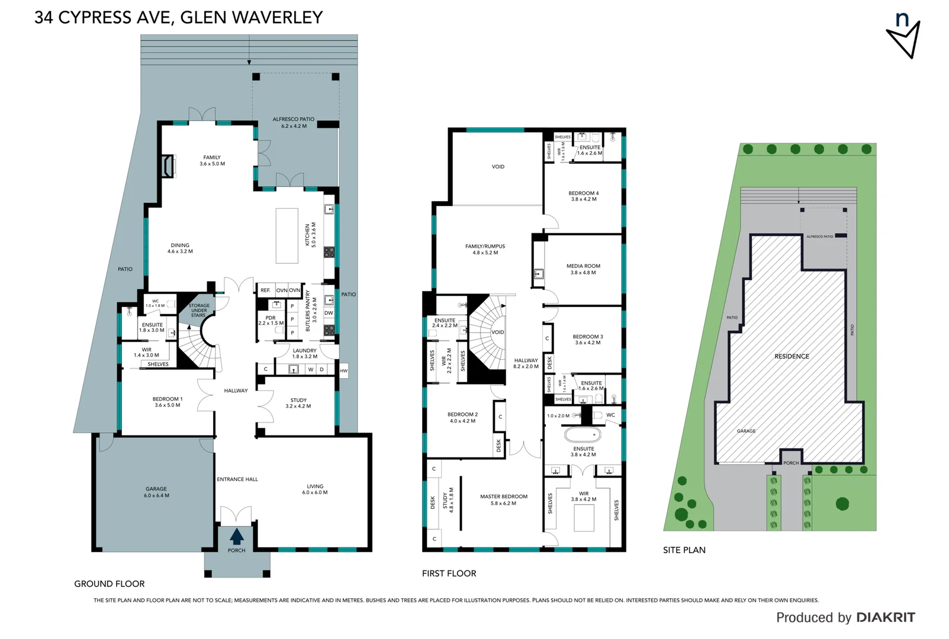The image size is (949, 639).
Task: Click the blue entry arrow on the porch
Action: [x=236, y=536]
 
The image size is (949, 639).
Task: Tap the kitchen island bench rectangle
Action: [x=287, y=235]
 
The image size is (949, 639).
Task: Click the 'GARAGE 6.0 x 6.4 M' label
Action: [x=156, y=492]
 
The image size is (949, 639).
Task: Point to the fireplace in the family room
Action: [x=170, y=166]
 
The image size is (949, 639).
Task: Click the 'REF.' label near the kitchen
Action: [x=265, y=291]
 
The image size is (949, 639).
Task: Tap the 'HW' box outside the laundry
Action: [x=343, y=371]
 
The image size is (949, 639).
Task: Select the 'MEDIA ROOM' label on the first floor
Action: [x=583, y=266]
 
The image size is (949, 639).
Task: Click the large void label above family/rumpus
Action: [x=498, y=167]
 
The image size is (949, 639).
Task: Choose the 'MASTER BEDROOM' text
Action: [x=503, y=496]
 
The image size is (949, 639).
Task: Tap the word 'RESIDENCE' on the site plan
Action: [x=792, y=356]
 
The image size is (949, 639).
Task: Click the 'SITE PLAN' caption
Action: [x=684, y=550]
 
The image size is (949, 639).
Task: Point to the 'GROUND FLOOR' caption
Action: [x=109, y=584]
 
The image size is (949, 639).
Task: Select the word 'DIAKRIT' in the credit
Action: [x=885, y=618]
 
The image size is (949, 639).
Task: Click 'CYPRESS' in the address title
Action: [x=95, y=18]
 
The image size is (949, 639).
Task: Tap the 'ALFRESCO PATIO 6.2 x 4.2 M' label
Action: [x=293, y=122]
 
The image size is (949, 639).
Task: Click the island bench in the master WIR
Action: [x=584, y=518]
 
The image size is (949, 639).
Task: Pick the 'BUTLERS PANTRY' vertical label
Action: [x=307, y=310]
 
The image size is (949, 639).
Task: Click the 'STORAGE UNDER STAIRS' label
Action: [x=199, y=311]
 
